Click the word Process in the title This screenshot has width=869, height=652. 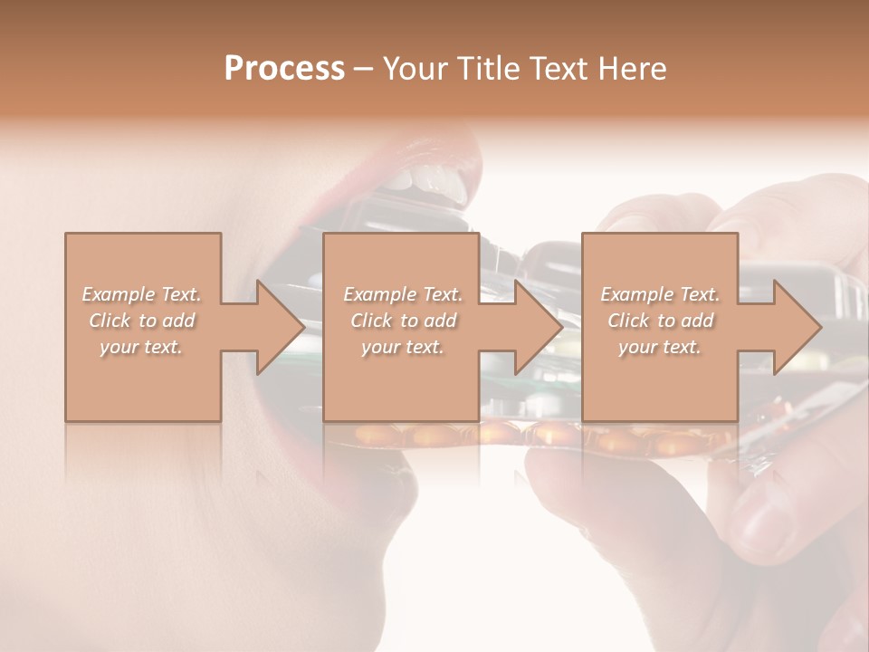pyautogui.click(x=284, y=68)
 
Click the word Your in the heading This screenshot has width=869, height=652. pyautogui.click(x=415, y=68)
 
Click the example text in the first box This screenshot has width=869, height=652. pyautogui.click(x=142, y=321)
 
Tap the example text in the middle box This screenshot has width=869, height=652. pyautogui.click(x=403, y=321)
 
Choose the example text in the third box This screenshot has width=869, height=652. pyautogui.click(x=660, y=321)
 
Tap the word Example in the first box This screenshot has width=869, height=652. pyautogui.click(x=118, y=294)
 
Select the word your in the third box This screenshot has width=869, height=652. pyautogui.click(x=637, y=347)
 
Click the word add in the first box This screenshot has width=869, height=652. pyautogui.click(x=179, y=321)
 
